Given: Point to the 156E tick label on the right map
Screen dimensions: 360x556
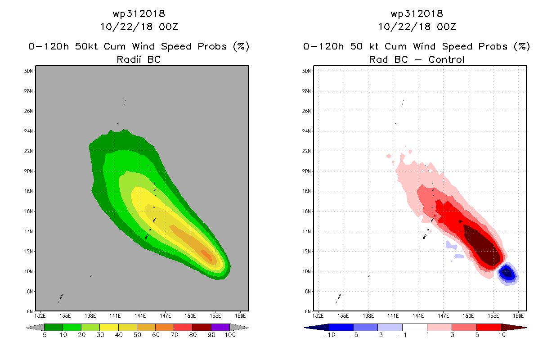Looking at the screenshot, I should [519, 315].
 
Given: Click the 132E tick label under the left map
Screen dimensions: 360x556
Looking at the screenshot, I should [40, 315].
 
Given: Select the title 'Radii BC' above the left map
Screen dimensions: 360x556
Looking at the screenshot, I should [139, 59].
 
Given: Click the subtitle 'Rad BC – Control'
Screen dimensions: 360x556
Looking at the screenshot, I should [417, 59].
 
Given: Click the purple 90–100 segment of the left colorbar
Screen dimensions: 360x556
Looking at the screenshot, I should [220, 327].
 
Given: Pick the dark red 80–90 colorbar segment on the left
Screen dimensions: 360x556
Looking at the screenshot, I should [202, 327].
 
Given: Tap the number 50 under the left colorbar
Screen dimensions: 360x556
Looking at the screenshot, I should [137, 335].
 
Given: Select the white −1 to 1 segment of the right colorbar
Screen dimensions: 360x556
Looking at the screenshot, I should [414, 327].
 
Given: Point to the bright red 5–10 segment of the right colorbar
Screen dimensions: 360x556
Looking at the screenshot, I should [489, 327].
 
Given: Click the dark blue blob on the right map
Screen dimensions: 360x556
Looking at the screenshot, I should [507, 272].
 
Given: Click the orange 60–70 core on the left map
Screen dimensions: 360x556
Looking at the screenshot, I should [206, 254].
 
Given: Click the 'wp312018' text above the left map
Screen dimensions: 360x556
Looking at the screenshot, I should [139, 13].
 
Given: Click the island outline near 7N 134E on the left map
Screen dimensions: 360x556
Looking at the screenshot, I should [60, 298].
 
